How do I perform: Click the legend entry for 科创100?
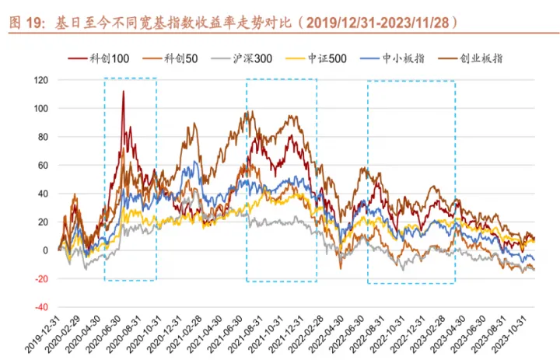pos(105,58)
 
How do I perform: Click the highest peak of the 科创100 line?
pos(123,92)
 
